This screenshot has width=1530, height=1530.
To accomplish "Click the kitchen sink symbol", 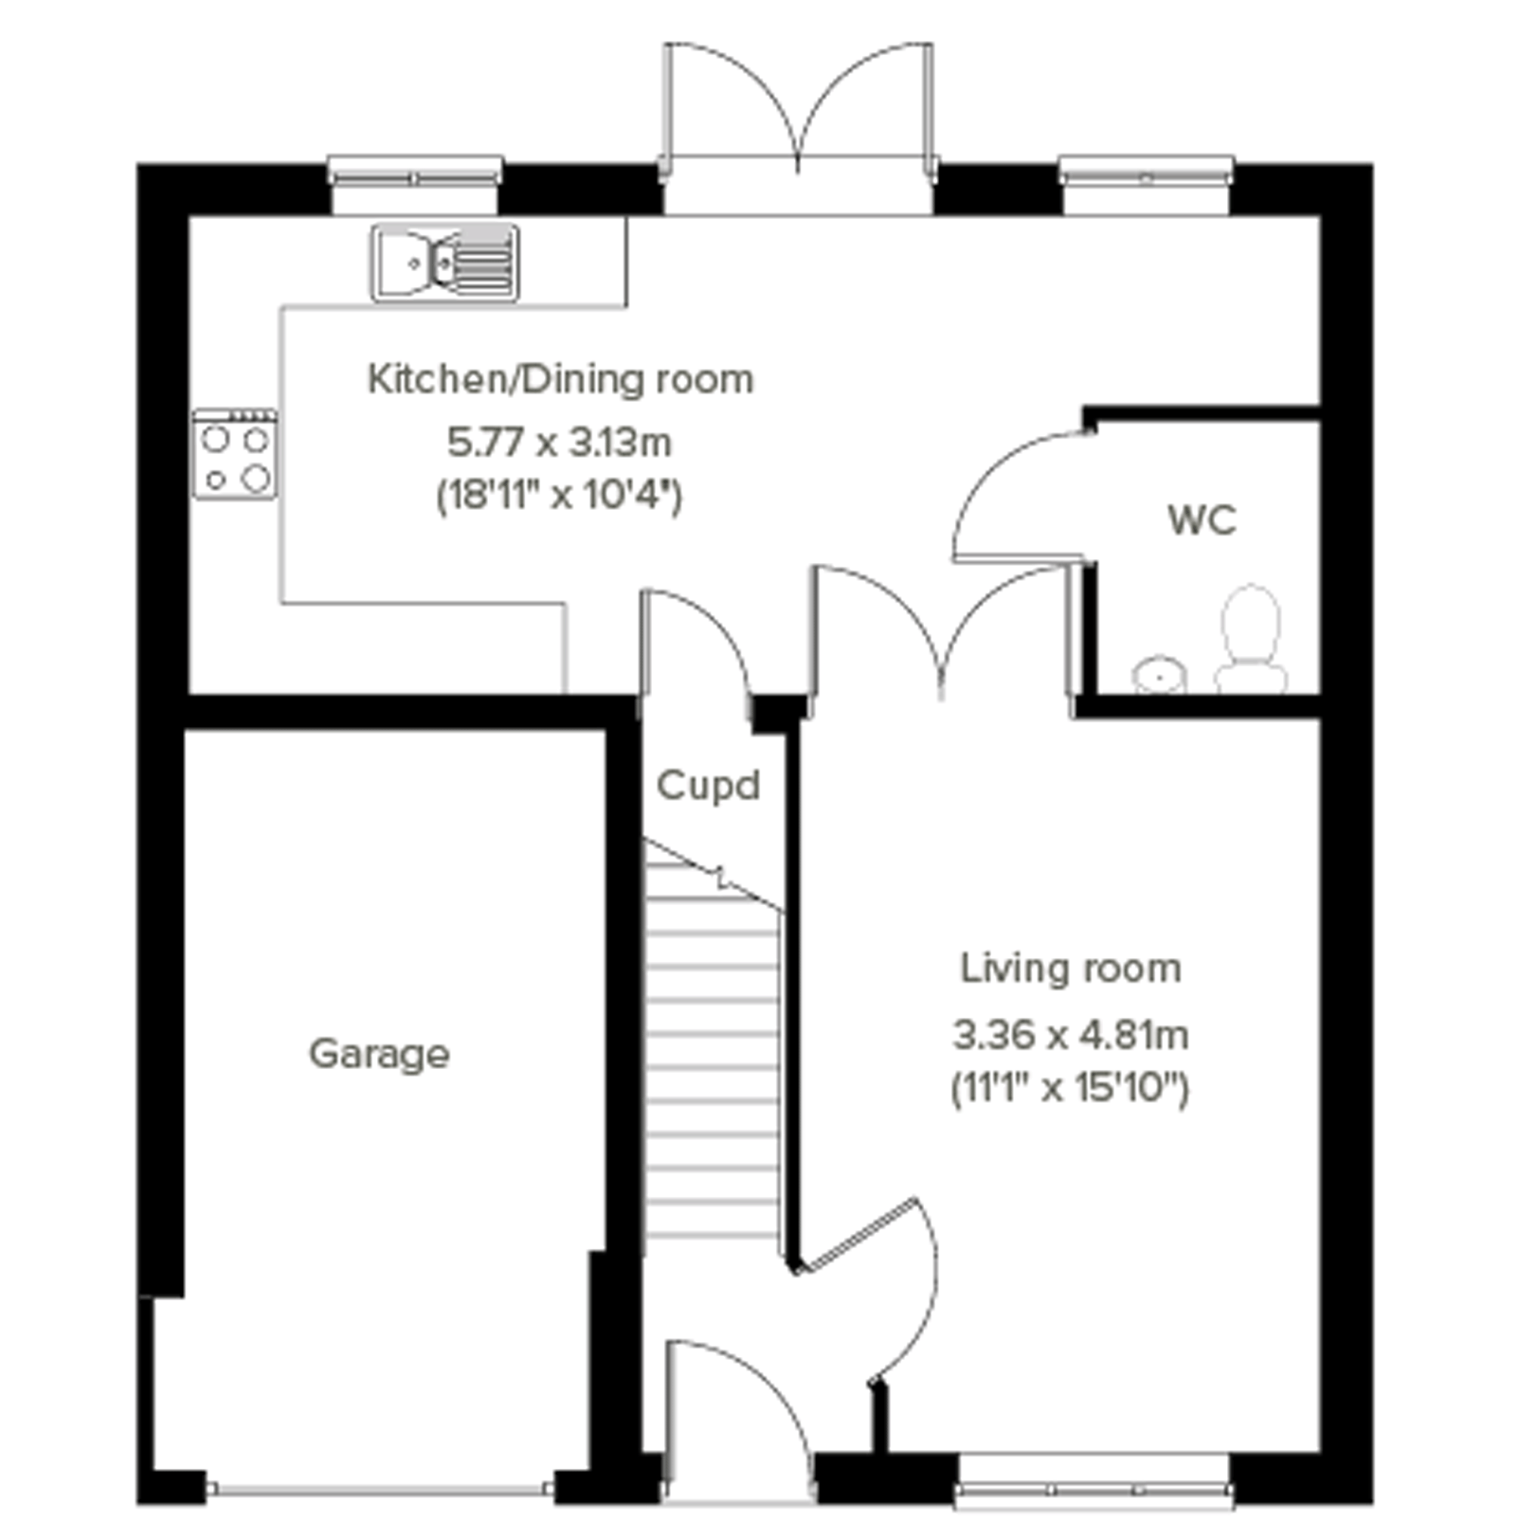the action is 445,263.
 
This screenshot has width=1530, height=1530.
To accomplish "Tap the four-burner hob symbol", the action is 235,455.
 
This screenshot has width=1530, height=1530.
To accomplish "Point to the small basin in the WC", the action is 1159,675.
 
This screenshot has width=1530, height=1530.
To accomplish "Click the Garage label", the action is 379,1055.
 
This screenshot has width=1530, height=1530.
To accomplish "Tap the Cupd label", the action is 708,786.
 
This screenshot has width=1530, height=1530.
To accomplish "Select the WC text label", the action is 1201,521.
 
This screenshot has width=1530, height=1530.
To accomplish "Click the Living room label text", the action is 1071,968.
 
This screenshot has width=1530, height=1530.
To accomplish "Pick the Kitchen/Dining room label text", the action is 561,379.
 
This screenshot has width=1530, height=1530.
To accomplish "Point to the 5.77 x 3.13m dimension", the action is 559,442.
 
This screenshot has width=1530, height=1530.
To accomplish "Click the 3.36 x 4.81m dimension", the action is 1071,1035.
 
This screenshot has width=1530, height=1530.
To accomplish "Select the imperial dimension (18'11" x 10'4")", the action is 559,497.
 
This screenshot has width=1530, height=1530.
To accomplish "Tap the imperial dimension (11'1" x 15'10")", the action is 1070,1090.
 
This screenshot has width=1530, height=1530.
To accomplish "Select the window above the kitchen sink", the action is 415,184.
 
